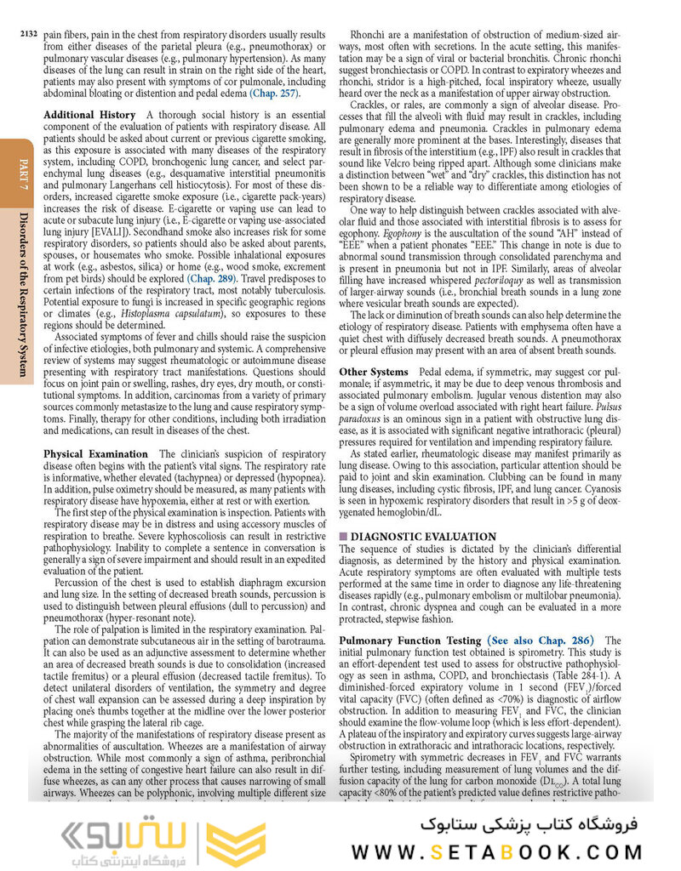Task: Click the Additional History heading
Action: [x=89, y=115]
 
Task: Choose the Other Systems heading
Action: [x=375, y=373]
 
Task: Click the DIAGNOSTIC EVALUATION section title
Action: [x=423, y=537]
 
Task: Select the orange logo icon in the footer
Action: [x=237, y=840]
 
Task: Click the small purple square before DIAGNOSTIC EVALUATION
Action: [x=343, y=537]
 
